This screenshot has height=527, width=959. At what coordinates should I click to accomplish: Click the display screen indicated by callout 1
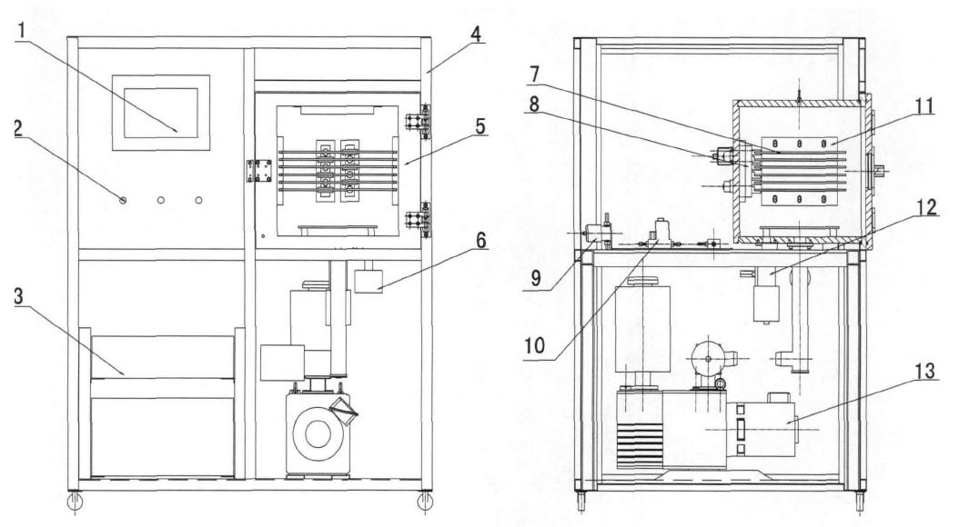[160, 113]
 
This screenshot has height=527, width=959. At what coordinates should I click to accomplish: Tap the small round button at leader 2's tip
[122, 199]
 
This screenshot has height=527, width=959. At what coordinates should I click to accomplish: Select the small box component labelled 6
[369, 278]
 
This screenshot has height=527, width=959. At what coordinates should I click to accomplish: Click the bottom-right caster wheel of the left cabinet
[423, 501]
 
